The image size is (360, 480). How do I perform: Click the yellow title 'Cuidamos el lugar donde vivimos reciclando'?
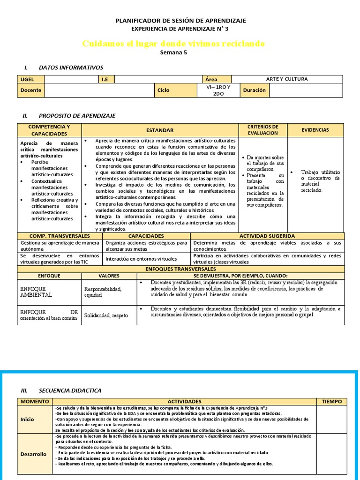tap(173, 44)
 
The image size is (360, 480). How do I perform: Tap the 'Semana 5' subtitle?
tap(173, 53)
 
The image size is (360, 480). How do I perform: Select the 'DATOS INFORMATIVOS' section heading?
tap(71, 67)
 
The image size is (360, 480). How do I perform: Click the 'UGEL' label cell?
tap(31, 79)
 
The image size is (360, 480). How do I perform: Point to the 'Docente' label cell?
tap(31, 90)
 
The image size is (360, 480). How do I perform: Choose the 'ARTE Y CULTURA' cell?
tap(287, 79)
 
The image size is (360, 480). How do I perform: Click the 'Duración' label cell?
tap(254, 90)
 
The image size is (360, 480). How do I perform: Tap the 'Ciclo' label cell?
tap(164, 90)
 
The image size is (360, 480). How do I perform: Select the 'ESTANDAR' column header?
tap(159, 130)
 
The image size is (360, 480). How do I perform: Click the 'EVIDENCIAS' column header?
tap(315, 130)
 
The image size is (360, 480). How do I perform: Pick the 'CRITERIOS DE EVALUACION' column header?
tap(262, 130)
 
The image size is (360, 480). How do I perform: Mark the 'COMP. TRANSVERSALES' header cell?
tap(60, 236)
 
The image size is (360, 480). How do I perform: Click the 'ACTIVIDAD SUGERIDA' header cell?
tap(267, 236)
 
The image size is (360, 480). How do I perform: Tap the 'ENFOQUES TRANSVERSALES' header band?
tap(180, 270)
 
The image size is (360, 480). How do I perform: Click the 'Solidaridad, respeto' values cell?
tap(106, 315)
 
